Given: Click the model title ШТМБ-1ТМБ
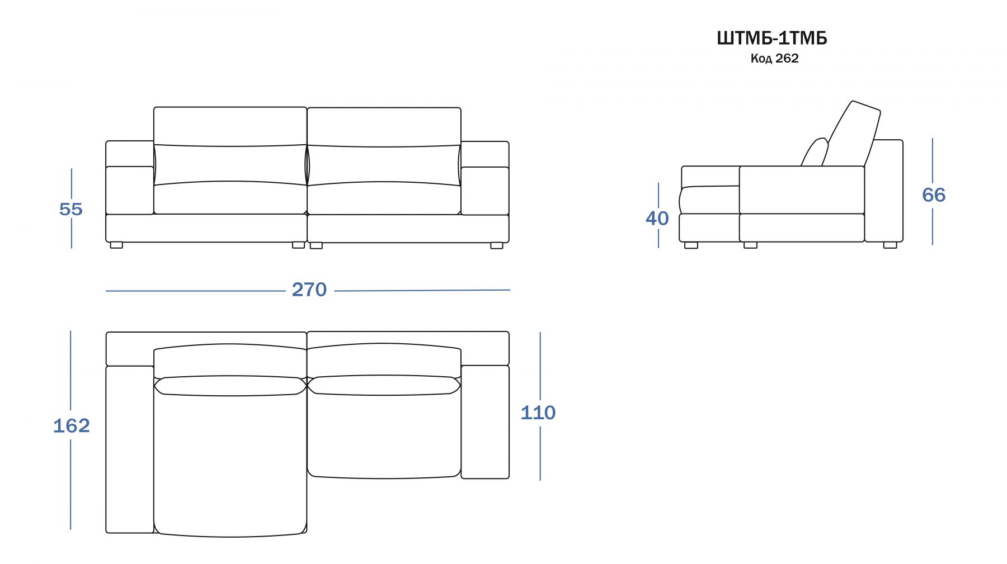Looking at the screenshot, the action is coord(771,38).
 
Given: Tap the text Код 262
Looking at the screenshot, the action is coord(774,58).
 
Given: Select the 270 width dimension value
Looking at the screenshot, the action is coord(309,290).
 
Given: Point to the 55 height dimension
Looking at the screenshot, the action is coord(71,209).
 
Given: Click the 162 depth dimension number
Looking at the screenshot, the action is coord(72,426).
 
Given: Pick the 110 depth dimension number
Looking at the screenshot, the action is coord(538,413).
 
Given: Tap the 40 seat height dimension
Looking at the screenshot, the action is coord(657,219).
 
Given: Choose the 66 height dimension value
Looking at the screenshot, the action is coord(934,195).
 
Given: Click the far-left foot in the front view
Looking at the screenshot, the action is coord(116,245).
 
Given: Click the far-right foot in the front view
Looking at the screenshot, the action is coord(497,245).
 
